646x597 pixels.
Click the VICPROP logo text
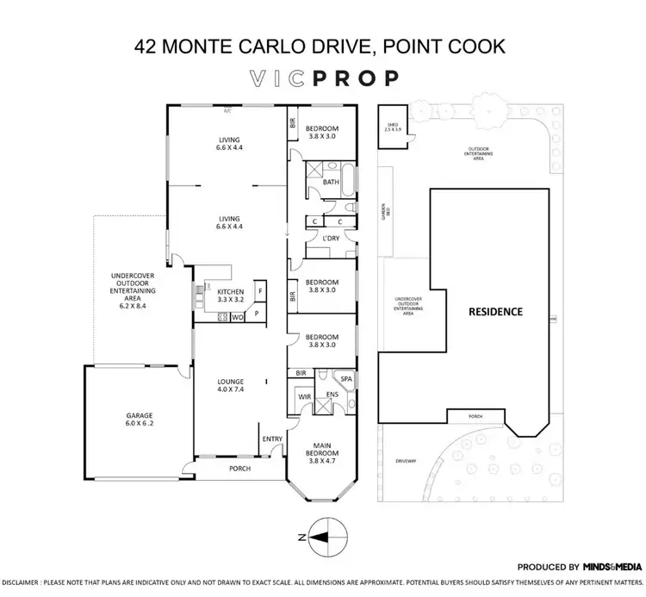click(322, 78)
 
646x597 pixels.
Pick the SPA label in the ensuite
click(347, 379)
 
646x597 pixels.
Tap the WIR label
click(304, 397)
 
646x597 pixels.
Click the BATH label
click(331, 183)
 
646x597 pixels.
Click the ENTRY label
click(272, 439)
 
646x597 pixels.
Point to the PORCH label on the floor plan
click(239, 470)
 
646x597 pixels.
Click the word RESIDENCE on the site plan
click(494, 312)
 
